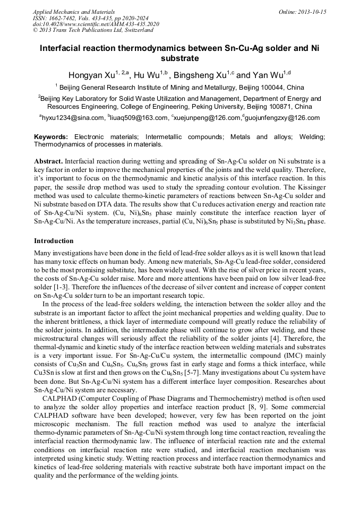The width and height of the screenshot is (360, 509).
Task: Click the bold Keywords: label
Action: (x=51, y=137)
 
